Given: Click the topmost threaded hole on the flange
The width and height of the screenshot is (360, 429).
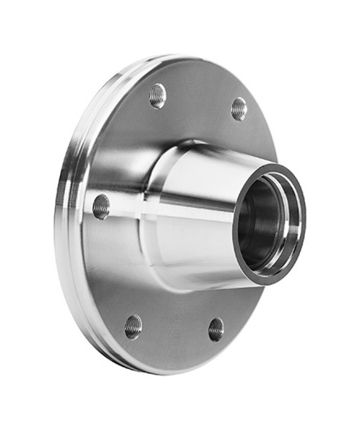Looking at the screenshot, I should (x=157, y=95).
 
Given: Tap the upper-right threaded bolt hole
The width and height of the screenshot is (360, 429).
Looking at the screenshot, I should (x=239, y=109).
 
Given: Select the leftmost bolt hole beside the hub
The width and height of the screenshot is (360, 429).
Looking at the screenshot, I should (x=101, y=207).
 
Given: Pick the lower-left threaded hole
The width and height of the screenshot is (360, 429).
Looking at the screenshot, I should (x=133, y=326).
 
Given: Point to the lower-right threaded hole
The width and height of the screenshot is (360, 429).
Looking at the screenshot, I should (x=216, y=329).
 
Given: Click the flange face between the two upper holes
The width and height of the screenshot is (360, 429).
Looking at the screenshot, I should (x=200, y=97).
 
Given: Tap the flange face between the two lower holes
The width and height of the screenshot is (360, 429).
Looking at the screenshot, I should (x=175, y=336).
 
